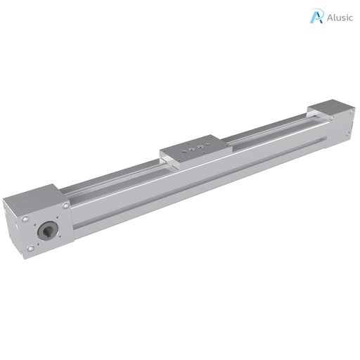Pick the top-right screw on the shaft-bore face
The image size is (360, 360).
65,206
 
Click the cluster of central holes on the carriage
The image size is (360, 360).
195,148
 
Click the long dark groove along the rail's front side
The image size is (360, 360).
197,186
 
